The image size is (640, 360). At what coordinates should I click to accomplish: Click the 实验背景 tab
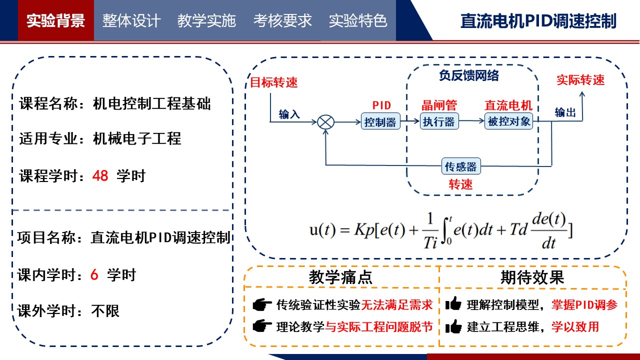[x=55, y=20]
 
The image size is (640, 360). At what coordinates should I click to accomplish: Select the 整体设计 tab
[x=131, y=20]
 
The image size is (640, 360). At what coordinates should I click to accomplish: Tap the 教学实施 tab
[x=206, y=20]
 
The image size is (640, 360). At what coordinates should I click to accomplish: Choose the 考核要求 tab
[x=282, y=20]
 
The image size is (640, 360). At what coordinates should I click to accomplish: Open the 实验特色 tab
[x=358, y=20]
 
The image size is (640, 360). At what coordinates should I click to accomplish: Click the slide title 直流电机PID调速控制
[x=538, y=21]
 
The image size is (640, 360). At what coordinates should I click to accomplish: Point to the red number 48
[x=100, y=176]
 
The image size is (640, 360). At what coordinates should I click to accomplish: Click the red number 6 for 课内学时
[x=94, y=274]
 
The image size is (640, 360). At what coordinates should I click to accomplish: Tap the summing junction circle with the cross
[x=326, y=121]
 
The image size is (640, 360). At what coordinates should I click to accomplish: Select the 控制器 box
[x=380, y=121]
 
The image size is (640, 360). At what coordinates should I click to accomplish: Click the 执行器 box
[x=439, y=121]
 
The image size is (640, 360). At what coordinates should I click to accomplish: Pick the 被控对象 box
[x=509, y=121]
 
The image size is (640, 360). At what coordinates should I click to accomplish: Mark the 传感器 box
[x=461, y=166]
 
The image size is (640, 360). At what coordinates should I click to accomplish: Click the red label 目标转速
[x=273, y=82]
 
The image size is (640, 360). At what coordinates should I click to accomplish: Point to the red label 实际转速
[x=580, y=80]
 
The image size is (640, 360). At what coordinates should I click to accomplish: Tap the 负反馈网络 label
[x=469, y=75]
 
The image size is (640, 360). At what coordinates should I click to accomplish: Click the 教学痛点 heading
[x=340, y=277]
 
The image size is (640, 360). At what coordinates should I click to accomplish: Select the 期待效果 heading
[x=532, y=277]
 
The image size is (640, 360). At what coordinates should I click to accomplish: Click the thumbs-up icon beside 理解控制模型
[x=453, y=304]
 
